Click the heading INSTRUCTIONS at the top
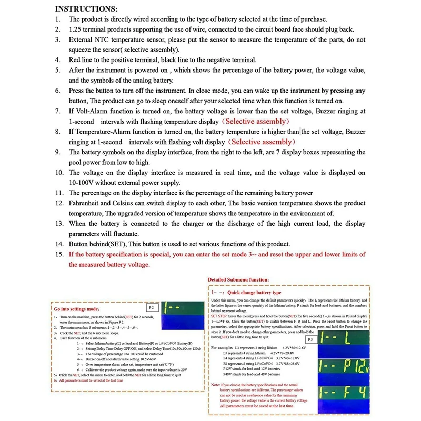click(x=87, y=9)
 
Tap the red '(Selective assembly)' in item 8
click(x=261, y=142)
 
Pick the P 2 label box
click(x=152, y=306)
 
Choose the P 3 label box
click(x=310, y=340)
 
